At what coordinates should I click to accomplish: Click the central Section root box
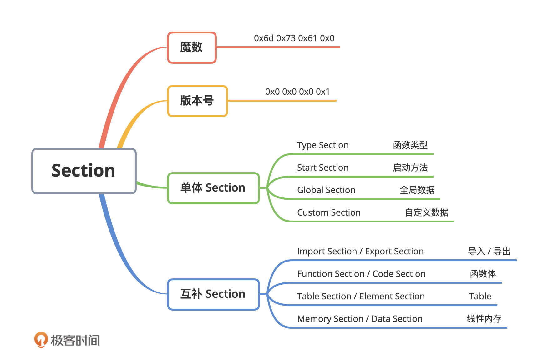click(84, 171)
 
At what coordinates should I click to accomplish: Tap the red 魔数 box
click(192, 47)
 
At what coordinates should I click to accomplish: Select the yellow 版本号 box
click(197, 101)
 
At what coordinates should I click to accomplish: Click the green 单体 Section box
click(213, 188)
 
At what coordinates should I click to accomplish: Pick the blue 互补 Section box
click(213, 294)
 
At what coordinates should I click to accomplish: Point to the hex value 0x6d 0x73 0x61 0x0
click(294, 38)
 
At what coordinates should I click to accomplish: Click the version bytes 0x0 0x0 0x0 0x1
click(297, 92)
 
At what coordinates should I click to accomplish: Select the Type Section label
click(323, 145)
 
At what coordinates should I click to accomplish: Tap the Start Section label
click(323, 167)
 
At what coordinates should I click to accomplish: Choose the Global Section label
click(326, 190)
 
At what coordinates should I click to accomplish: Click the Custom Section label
click(329, 212)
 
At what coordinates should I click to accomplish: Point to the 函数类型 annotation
click(410, 145)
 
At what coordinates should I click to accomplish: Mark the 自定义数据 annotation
click(427, 212)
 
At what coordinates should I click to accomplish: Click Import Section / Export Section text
click(360, 252)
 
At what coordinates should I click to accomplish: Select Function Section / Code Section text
click(361, 274)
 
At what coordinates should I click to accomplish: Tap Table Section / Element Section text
click(361, 296)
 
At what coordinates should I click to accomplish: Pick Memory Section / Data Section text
click(360, 319)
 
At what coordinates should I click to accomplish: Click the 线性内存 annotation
click(484, 319)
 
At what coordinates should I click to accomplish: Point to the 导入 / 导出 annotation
click(489, 251)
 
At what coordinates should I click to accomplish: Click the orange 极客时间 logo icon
click(41, 340)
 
